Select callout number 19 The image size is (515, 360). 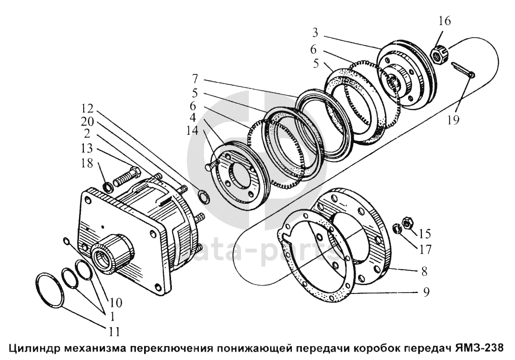point(454,120)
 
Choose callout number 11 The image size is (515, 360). point(114,332)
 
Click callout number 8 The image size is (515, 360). point(425,269)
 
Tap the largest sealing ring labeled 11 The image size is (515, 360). point(50,291)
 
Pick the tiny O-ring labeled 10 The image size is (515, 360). point(66,241)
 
